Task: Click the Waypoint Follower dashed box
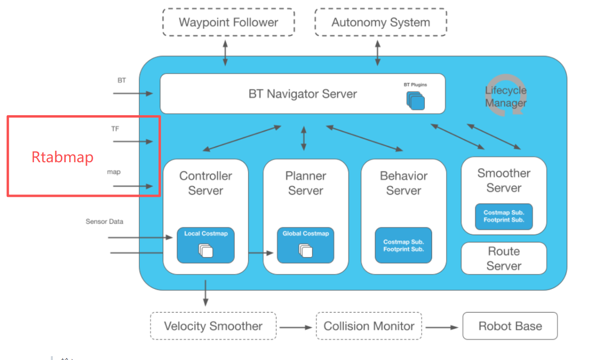(x=228, y=22)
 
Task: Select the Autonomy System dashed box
(x=381, y=22)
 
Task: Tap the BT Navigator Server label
(x=302, y=94)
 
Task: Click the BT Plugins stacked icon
(x=416, y=100)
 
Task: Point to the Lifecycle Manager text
(x=506, y=96)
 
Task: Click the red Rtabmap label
(x=62, y=157)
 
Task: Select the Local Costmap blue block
(x=205, y=245)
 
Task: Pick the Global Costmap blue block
(x=305, y=245)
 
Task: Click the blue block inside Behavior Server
(x=403, y=245)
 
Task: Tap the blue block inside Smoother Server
(x=504, y=216)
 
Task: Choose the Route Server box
(x=504, y=258)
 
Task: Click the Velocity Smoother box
(x=213, y=326)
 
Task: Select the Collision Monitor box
(x=369, y=326)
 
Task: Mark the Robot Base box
(x=510, y=326)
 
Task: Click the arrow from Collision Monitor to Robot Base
(x=442, y=327)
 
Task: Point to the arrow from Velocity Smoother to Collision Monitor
(x=296, y=327)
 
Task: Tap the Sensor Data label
(x=104, y=222)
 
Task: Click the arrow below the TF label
(x=133, y=141)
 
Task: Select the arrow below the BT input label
(x=133, y=93)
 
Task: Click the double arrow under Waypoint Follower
(x=225, y=53)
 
